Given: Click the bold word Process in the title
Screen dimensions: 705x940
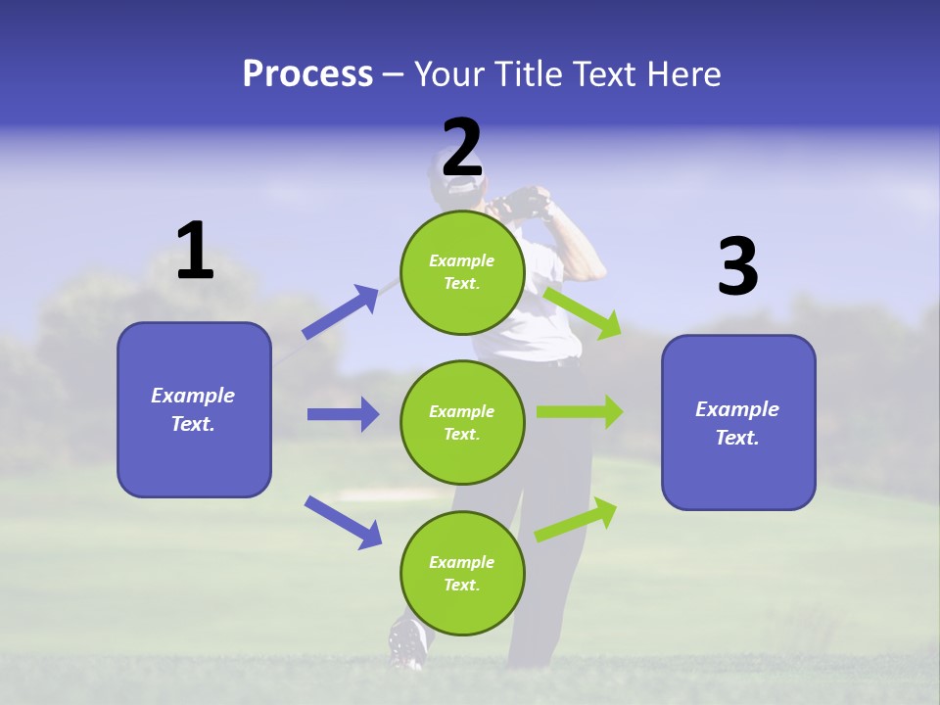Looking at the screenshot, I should point(307,74).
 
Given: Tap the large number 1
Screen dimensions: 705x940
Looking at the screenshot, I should point(195,251).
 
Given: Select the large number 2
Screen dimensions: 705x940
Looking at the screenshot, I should point(462,148).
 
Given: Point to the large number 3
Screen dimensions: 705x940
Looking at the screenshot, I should point(737,267).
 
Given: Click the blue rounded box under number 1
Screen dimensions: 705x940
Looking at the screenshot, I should point(194,409).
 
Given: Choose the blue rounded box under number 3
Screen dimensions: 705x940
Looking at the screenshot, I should point(738,423).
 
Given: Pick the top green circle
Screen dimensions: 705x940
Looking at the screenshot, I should point(462,272).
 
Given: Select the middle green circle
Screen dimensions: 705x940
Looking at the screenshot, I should point(462,423).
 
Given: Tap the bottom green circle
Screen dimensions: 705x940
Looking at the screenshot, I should point(462,574).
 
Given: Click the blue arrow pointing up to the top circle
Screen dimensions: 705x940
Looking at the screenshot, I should point(341,312).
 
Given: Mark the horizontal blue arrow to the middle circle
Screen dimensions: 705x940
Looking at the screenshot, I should point(343,414).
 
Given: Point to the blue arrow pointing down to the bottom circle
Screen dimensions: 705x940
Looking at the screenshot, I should point(343,522).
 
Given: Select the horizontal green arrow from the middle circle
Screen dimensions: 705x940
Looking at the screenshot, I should point(580,412).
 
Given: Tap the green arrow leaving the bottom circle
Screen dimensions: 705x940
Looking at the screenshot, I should point(576,520).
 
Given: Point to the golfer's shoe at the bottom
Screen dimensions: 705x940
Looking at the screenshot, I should point(406,641).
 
